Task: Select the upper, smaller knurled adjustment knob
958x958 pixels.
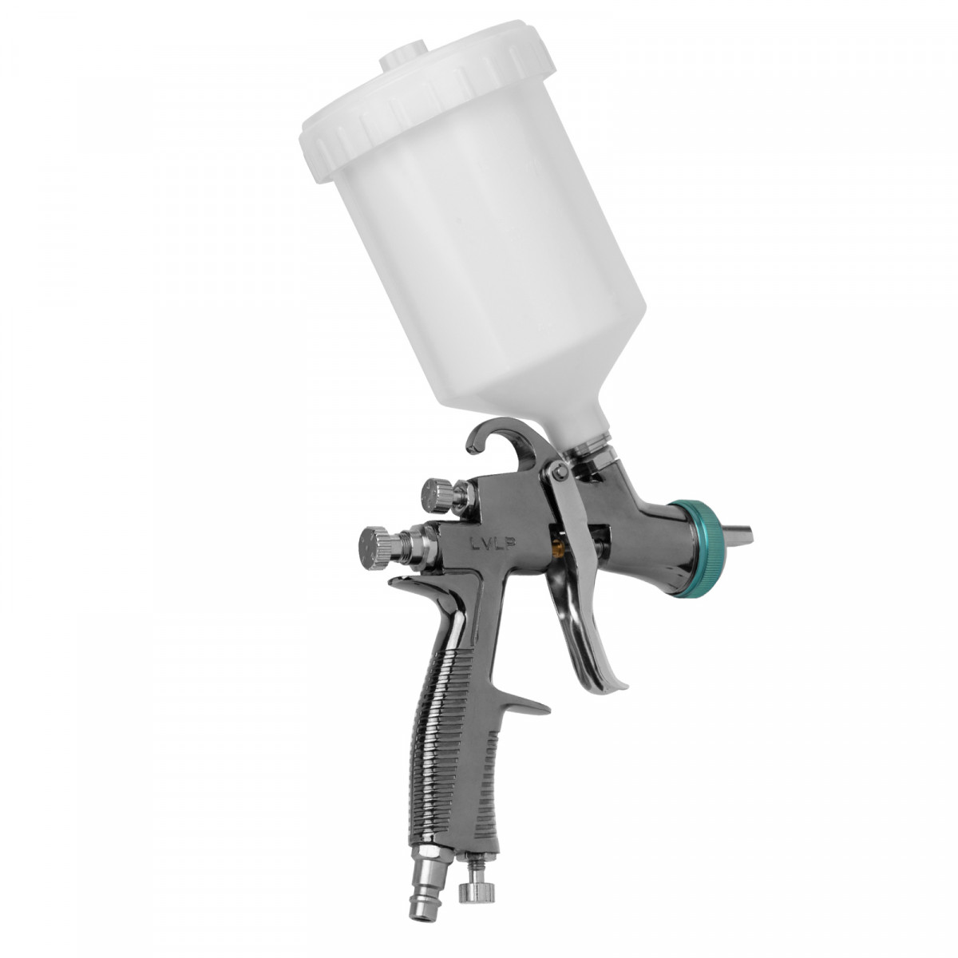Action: (x=437, y=495)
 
